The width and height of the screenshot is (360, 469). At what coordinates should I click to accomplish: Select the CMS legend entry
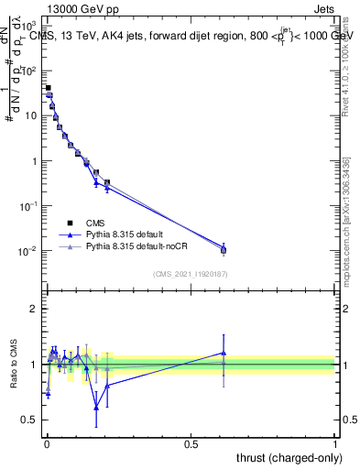click(x=95, y=223)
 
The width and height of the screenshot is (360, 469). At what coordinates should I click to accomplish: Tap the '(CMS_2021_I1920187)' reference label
click(x=191, y=273)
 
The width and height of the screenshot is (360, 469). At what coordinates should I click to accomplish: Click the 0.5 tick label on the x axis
click(x=191, y=442)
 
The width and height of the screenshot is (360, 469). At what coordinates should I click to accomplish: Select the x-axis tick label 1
click(x=334, y=442)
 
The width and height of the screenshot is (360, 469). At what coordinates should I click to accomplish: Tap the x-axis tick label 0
click(x=46, y=442)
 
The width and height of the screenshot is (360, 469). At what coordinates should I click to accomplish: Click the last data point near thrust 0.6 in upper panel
click(x=224, y=249)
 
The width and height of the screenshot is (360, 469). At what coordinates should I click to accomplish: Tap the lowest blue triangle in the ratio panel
click(x=96, y=408)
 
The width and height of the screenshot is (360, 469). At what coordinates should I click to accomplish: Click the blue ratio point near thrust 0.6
click(x=224, y=353)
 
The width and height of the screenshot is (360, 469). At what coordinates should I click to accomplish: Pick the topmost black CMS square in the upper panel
click(x=48, y=88)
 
